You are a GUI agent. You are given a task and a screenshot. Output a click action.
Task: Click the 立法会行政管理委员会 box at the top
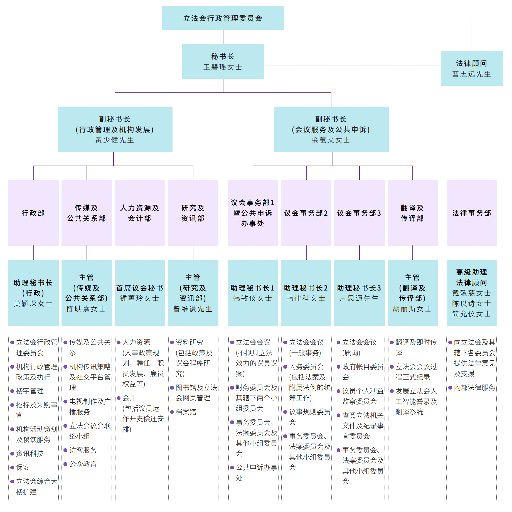223,18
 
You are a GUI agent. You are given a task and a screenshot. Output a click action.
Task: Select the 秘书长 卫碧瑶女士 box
223,61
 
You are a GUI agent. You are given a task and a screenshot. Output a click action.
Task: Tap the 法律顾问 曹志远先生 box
472,68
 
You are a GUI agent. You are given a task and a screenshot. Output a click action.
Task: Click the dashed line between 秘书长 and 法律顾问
352,65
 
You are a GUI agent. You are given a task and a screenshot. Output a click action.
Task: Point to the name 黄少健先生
115,140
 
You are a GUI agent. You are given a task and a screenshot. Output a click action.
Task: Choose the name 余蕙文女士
331,140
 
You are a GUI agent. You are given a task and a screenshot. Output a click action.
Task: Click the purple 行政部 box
33,213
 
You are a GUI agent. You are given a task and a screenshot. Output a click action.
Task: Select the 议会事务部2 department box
306,213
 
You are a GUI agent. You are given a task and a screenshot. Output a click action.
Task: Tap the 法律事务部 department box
472,213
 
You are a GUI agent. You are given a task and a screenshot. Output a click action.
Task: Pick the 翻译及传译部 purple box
412,213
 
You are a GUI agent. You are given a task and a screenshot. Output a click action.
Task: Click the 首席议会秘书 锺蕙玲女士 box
140,293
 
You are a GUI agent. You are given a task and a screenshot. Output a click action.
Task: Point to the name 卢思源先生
359,298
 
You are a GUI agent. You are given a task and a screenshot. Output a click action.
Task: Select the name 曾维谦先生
193,309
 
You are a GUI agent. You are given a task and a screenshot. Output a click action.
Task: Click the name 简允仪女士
472,314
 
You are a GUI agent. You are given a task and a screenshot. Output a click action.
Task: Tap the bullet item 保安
23,467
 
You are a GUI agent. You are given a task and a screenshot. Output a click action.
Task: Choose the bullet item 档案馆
186,412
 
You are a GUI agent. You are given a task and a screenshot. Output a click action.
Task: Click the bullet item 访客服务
83,450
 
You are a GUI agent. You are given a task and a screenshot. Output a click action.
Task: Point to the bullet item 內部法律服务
474,388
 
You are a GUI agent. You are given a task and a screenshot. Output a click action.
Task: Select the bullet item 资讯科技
30,454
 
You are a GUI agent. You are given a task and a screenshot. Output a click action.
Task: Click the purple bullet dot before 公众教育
65,464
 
